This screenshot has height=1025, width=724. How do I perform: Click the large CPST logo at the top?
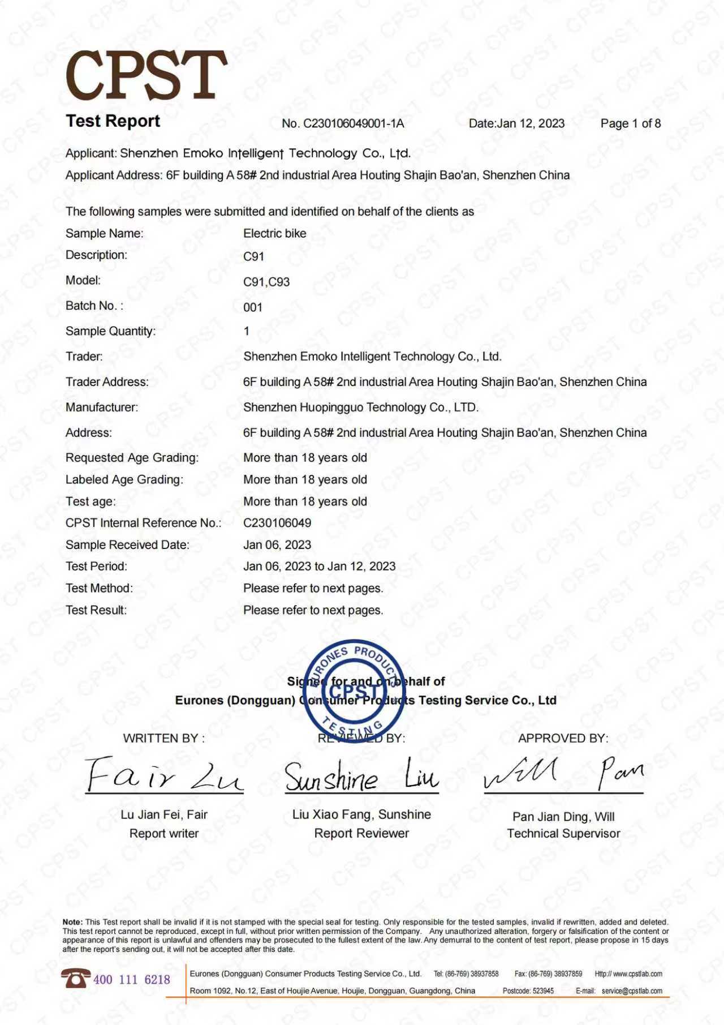(x=146, y=75)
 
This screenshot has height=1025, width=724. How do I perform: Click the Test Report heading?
(x=113, y=121)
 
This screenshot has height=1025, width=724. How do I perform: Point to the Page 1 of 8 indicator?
(x=630, y=123)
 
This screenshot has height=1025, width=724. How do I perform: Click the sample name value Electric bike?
(x=274, y=233)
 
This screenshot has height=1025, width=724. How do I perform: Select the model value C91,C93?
(x=266, y=282)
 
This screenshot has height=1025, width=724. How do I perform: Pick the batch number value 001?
(x=253, y=307)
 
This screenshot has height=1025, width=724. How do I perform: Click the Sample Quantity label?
(x=110, y=331)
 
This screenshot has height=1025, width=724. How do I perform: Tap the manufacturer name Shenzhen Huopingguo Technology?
(x=360, y=408)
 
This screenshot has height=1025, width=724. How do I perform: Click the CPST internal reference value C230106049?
(x=277, y=523)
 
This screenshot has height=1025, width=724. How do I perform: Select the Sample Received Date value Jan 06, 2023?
(x=277, y=545)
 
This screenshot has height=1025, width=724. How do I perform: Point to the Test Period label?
(x=96, y=567)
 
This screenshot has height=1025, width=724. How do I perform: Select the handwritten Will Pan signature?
(x=563, y=773)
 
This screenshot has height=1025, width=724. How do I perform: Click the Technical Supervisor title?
(x=563, y=834)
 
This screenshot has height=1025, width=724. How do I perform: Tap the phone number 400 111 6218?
(x=131, y=980)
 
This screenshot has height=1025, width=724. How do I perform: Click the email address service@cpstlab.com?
(x=632, y=991)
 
